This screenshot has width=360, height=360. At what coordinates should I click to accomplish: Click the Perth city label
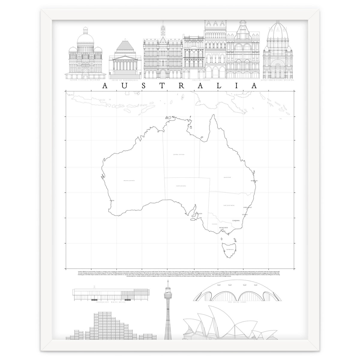point(112,200)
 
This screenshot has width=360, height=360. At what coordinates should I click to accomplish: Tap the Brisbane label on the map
point(254,181)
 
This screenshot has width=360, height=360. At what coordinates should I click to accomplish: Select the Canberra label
point(236,220)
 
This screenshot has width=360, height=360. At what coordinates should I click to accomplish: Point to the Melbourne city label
point(223,227)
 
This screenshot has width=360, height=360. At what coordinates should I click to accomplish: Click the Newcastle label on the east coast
point(247,207)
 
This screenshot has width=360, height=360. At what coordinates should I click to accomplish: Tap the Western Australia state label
point(129,181)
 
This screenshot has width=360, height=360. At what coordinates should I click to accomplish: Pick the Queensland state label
point(227,177)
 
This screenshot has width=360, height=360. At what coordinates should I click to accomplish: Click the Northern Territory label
point(178,154)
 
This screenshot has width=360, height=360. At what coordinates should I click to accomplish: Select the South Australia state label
point(181,186)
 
